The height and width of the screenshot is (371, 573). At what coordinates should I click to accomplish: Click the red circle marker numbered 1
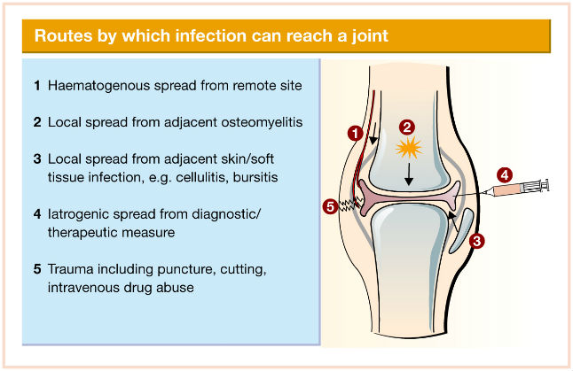point(355,133)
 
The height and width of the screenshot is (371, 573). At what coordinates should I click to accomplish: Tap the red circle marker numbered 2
point(407,128)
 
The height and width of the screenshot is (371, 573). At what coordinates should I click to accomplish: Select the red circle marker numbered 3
point(477,241)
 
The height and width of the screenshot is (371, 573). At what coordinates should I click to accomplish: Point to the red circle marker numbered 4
point(505,175)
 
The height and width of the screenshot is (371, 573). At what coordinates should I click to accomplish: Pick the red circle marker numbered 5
point(330,207)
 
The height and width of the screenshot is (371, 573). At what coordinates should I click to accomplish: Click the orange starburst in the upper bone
point(409,148)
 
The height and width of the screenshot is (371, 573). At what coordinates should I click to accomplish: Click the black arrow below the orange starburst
point(409,174)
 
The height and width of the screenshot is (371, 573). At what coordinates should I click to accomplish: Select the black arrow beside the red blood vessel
point(373,134)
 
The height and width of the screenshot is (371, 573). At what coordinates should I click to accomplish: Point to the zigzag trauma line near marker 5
point(349,205)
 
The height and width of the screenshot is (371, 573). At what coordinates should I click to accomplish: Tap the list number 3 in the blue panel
point(37,159)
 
